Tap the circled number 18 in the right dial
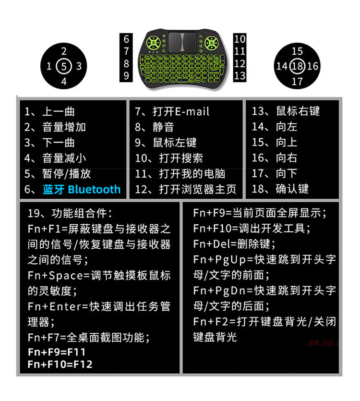pyautogui.click(x=298, y=66)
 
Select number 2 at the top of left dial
pyautogui.click(x=64, y=51)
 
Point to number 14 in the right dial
pyautogui.click(x=281, y=66)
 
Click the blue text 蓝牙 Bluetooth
pyautogui.click(x=80, y=189)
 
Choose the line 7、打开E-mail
pyautogui.click(x=172, y=111)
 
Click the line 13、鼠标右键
pyautogui.click(x=286, y=111)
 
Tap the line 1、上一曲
pyautogui.click(x=50, y=111)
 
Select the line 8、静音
pyautogui.click(x=154, y=127)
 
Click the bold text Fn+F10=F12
pyautogui.click(x=60, y=364)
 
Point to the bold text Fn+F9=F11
pyautogui.click(x=57, y=352)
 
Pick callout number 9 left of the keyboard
pyautogui.click(x=126, y=75)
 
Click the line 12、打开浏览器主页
pyautogui.click(x=186, y=189)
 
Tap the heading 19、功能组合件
pyautogui.click(x=70, y=213)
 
